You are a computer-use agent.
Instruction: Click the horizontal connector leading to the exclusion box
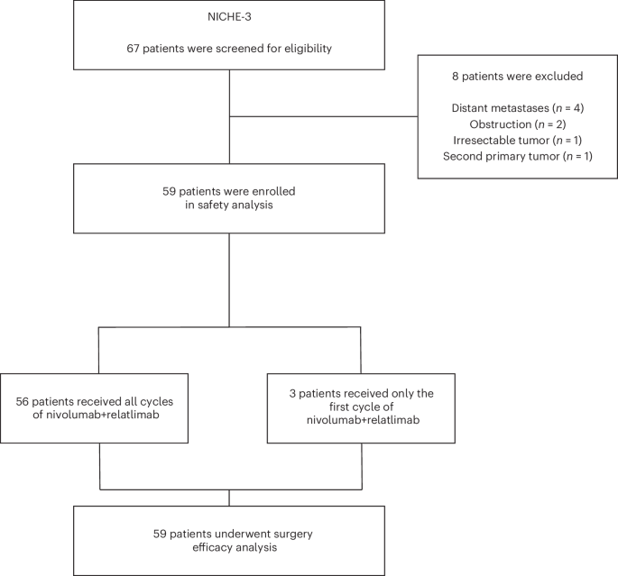tap(324, 115)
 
